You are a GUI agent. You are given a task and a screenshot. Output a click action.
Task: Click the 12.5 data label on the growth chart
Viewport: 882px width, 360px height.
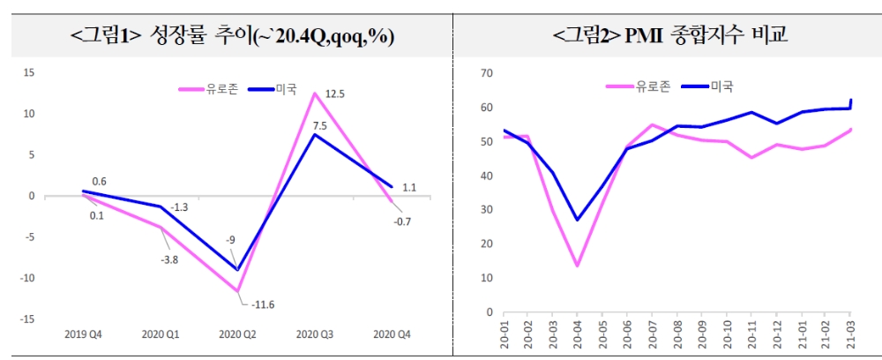coord(334,94)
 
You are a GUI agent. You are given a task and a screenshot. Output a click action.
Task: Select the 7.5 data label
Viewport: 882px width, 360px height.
coord(319,125)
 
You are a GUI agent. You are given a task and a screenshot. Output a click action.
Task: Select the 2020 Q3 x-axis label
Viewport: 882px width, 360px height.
coord(314,335)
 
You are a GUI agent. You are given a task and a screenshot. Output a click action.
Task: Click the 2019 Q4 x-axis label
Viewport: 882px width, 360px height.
coord(83,335)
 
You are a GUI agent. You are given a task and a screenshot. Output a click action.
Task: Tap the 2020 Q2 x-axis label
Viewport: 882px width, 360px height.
coord(236,335)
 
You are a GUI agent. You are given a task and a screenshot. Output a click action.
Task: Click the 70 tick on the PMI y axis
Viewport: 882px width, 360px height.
coord(484,73)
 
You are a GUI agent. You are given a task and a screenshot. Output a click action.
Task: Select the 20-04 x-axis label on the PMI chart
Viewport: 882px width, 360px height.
coord(577,336)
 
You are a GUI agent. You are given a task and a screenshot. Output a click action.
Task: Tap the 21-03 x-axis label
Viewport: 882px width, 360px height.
coord(850,336)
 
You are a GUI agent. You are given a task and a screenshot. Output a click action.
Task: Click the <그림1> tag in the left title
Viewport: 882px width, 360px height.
coord(105,36)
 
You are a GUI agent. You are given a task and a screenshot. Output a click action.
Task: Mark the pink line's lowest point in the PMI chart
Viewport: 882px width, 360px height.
coord(577,266)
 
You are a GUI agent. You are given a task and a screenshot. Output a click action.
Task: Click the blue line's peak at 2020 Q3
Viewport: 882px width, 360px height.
coord(314,134)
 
